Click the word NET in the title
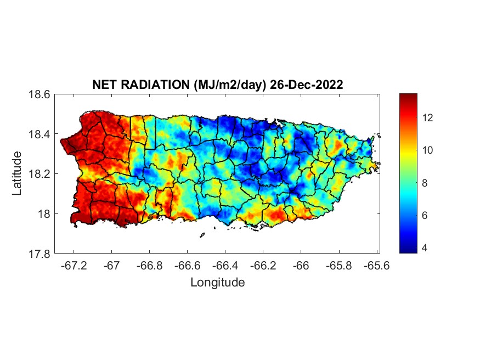coord(104,85)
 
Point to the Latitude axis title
coord(17,173)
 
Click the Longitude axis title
coord(217,283)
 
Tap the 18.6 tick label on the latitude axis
coord(39,94)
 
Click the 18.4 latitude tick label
coord(39,134)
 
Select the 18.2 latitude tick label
coord(39,174)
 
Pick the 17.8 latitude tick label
coord(39,254)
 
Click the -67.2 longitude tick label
coord(74,265)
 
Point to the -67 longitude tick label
coord(112,265)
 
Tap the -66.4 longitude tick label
coord(225,265)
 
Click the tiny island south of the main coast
coord(202,235)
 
